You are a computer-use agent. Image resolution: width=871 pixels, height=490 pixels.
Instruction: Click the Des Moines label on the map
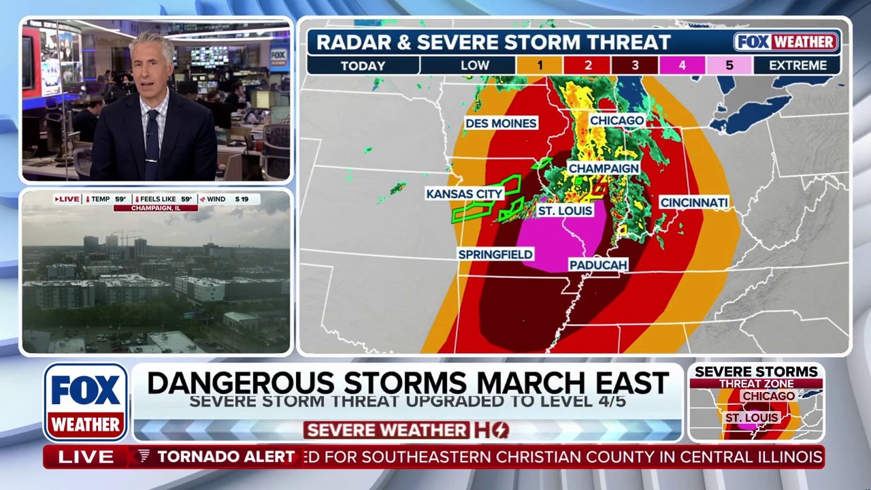[501, 123]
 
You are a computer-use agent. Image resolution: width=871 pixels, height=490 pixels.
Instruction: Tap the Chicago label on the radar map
[617, 120]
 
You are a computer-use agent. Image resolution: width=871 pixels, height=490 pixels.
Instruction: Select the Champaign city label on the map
[604, 168]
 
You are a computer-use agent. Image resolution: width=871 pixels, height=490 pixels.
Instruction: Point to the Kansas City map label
[464, 194]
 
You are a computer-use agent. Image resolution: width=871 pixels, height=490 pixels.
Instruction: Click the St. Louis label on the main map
[565, 211]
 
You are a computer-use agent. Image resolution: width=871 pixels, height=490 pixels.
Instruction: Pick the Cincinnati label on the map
[694, 203]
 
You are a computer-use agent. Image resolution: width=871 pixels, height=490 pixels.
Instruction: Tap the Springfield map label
[495, 254]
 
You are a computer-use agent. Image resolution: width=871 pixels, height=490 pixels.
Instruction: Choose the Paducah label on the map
[598, 265]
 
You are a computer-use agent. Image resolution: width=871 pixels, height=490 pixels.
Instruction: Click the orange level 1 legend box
[539, 66]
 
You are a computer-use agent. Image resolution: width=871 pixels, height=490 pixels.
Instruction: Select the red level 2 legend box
[587, 66]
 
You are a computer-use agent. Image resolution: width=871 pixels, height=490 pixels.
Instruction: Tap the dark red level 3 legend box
[634, 66]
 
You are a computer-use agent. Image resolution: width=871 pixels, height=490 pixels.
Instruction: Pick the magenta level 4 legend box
[682, 66]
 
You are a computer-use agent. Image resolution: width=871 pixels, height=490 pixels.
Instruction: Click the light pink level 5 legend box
[729, 66]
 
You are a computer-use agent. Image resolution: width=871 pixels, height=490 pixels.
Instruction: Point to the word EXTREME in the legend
[798, 66]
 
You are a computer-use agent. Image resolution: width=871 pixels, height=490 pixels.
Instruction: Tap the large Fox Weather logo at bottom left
[86, 402]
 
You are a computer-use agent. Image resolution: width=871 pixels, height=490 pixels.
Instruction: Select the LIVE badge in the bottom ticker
[86, 457]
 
